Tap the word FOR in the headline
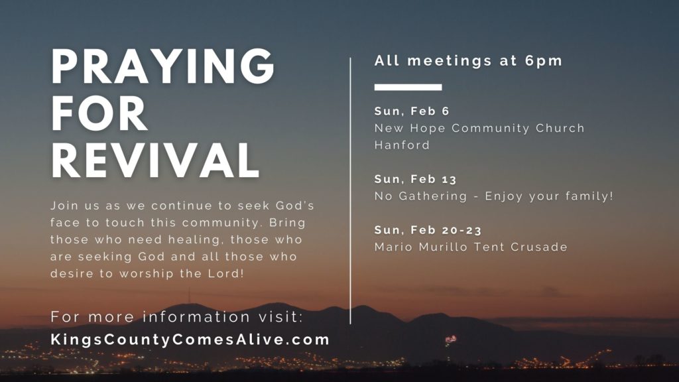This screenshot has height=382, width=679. tap(99, 113)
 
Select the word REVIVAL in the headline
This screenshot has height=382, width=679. tap(155, 160)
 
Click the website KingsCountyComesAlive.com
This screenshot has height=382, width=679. tap(190, 339)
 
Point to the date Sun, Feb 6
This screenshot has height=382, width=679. tap(412, 111)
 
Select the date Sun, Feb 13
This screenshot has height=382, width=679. tap(415, 179)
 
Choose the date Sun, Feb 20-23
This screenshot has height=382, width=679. tap(428, 230)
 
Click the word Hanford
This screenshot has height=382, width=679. tap(402, 145)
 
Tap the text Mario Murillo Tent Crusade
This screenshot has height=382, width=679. tap(471, 247)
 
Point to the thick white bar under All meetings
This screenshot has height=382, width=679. tap(408, 87)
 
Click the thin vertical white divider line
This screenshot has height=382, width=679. tap(350, 190)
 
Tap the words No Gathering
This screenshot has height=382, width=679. tap(420, 196)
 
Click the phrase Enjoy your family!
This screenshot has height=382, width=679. tap(549, 196)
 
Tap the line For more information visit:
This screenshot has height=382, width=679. tap(176, 316)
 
